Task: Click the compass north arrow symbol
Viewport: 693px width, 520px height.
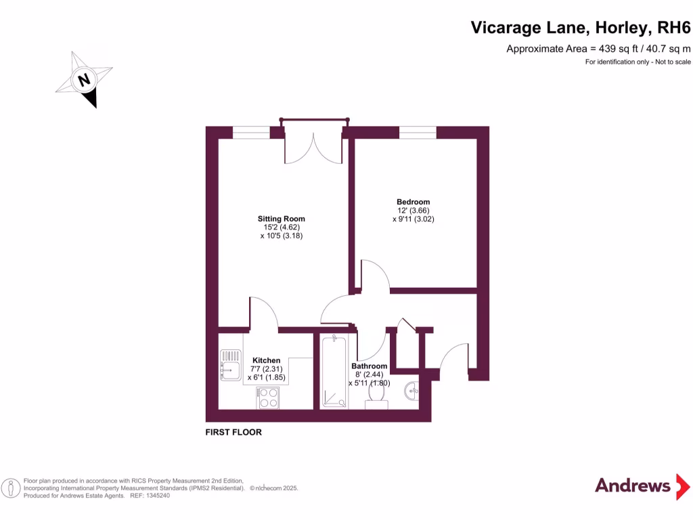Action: pos(84,80)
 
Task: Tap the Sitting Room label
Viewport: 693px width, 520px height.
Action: pos(281,219)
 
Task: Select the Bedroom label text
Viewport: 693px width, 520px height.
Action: pos(413,202)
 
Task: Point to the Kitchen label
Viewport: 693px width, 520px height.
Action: pos(266,360)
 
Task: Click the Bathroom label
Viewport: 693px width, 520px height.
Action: pos(370,366)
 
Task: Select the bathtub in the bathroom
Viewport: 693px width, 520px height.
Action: pos(334,372)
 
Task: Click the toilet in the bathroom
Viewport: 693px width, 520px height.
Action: pos(376,403)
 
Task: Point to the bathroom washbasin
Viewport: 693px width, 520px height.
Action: pos(412,390)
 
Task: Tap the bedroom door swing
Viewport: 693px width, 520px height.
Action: pos(374,275)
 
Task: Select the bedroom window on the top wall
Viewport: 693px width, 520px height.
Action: pos(418,132)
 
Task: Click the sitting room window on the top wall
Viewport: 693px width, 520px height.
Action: pos(250,132)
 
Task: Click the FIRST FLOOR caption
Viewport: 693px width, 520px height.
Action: pos(233,432)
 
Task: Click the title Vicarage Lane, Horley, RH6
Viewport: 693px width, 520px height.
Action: pos(581,28)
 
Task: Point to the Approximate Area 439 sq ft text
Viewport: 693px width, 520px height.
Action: pos(598,48)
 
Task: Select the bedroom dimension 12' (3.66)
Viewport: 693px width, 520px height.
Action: pos(413,211)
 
